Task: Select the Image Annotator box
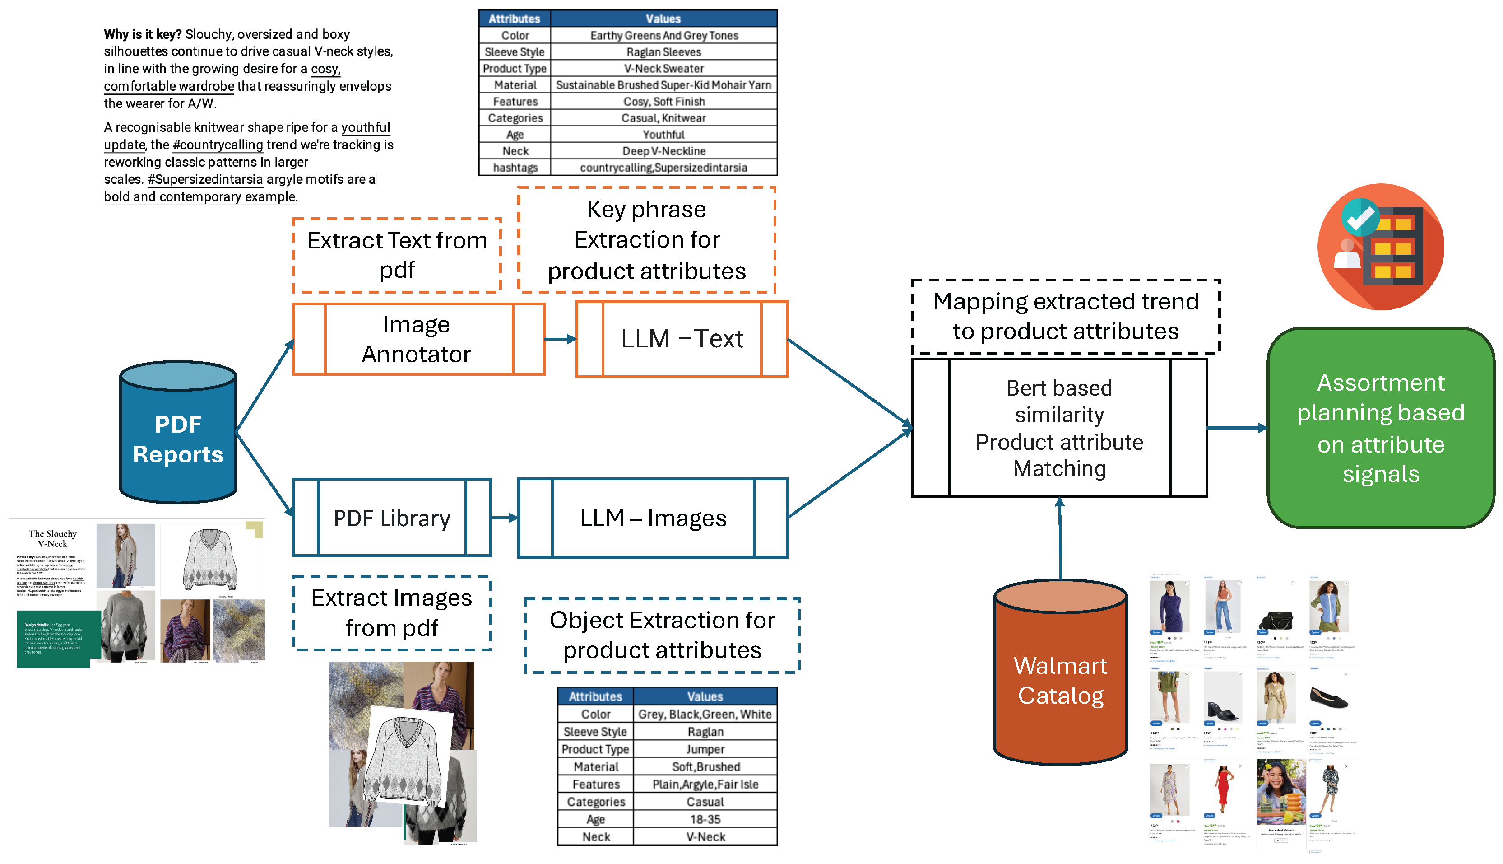418,340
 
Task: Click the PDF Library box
391,518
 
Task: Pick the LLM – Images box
652,518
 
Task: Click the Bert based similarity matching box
1059,428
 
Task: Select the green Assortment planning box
1380,428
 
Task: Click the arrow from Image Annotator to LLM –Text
560,340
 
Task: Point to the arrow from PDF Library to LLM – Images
504,518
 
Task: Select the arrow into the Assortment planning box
1236,428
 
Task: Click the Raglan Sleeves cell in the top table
663,52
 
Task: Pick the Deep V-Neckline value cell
663,151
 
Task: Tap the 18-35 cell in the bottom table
705,819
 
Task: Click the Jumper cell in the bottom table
705,749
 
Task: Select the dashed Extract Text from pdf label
397,255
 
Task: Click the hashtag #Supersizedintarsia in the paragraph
205,179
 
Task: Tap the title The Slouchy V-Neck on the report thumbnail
53,538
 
